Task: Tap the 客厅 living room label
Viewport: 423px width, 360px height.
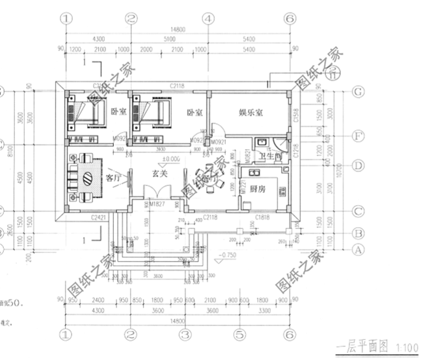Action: click(113, 176)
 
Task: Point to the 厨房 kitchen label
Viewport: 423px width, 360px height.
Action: click(257, 188)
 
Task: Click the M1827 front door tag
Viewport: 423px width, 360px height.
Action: click(158, 205)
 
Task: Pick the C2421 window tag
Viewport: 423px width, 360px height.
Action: click(99, 216)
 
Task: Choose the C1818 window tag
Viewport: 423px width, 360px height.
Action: click(263, 216)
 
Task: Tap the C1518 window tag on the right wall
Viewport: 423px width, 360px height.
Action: click(296, 116)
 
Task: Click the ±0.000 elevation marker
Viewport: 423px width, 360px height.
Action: click(172, 158)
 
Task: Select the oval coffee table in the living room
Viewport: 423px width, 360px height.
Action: click(94, 178)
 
